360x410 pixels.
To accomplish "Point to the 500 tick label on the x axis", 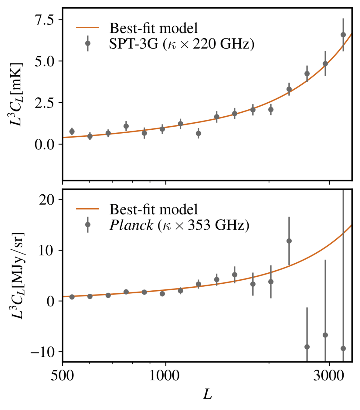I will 62,376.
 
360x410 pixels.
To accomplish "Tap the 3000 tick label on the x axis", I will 329,376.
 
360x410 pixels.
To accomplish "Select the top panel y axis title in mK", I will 17,94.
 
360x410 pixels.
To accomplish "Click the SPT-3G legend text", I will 182,44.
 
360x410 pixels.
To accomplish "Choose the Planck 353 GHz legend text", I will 179,225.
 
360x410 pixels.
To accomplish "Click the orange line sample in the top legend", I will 88,28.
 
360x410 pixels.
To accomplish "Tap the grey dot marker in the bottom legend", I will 88,225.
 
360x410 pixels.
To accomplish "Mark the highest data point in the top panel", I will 343,35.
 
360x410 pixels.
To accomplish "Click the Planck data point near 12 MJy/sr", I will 289,241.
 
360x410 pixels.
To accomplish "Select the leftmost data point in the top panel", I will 72,132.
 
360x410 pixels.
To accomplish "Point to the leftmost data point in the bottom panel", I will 72,297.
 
